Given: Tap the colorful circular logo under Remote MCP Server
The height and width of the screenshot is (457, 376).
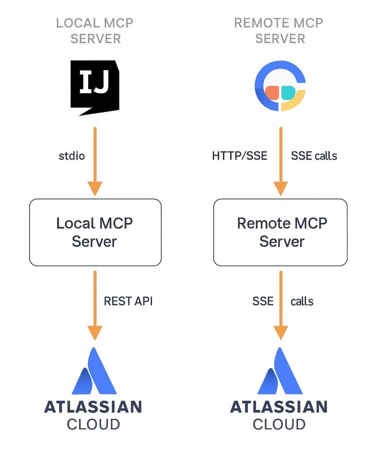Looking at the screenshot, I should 280,86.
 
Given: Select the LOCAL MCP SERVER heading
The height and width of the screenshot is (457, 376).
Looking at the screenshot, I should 95,30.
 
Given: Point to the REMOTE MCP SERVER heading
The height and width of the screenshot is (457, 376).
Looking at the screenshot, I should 279,30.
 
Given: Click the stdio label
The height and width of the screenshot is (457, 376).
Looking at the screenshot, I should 72,156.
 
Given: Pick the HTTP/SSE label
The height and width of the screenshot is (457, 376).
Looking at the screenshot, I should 239,156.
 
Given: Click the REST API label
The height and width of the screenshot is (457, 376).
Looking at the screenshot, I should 128,301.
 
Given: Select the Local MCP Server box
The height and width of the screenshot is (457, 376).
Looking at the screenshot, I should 95,232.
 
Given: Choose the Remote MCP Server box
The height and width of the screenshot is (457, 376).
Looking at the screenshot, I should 280,232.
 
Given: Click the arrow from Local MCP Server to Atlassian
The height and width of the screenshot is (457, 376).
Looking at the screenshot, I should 95,305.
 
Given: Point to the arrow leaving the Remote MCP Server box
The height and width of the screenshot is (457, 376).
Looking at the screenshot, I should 281,305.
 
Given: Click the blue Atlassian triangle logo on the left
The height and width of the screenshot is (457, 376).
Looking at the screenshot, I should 94,373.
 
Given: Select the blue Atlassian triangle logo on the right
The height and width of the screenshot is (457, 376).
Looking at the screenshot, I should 280,373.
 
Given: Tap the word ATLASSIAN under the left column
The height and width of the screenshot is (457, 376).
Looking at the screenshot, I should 93,407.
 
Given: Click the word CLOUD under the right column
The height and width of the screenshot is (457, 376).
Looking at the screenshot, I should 279,425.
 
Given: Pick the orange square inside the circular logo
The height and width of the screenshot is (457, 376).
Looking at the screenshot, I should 272,93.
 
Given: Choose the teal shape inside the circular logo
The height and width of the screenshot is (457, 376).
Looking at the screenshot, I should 288,93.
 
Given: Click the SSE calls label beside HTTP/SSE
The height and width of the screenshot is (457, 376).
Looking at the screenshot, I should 314,156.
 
